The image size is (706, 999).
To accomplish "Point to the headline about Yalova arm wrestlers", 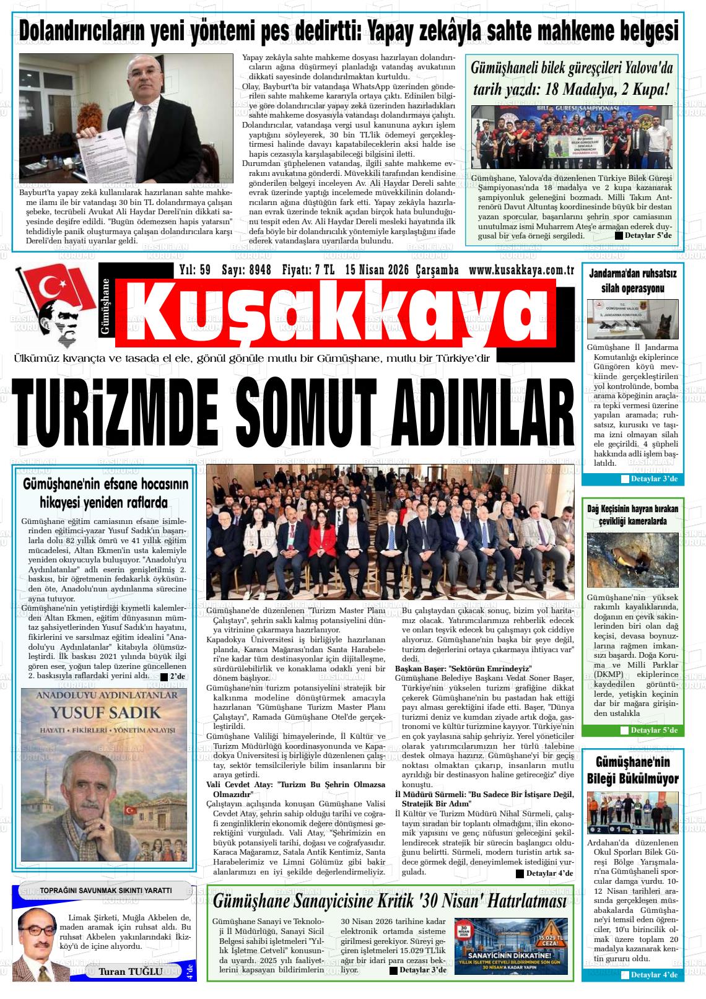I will [571, 79].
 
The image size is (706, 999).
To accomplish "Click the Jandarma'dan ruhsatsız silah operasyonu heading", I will [632, 281].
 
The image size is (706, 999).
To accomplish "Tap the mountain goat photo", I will [632, 560].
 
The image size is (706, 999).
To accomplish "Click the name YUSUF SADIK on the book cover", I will [104, 712].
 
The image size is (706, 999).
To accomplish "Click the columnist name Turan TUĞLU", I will [130, 971].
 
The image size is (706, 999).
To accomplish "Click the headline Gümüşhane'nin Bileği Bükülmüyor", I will [632, 770].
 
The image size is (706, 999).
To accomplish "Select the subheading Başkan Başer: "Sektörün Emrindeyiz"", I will [464, 669].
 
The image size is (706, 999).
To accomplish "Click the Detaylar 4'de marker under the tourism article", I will [544, 873].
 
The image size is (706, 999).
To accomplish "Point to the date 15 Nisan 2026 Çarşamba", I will [402, 270].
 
